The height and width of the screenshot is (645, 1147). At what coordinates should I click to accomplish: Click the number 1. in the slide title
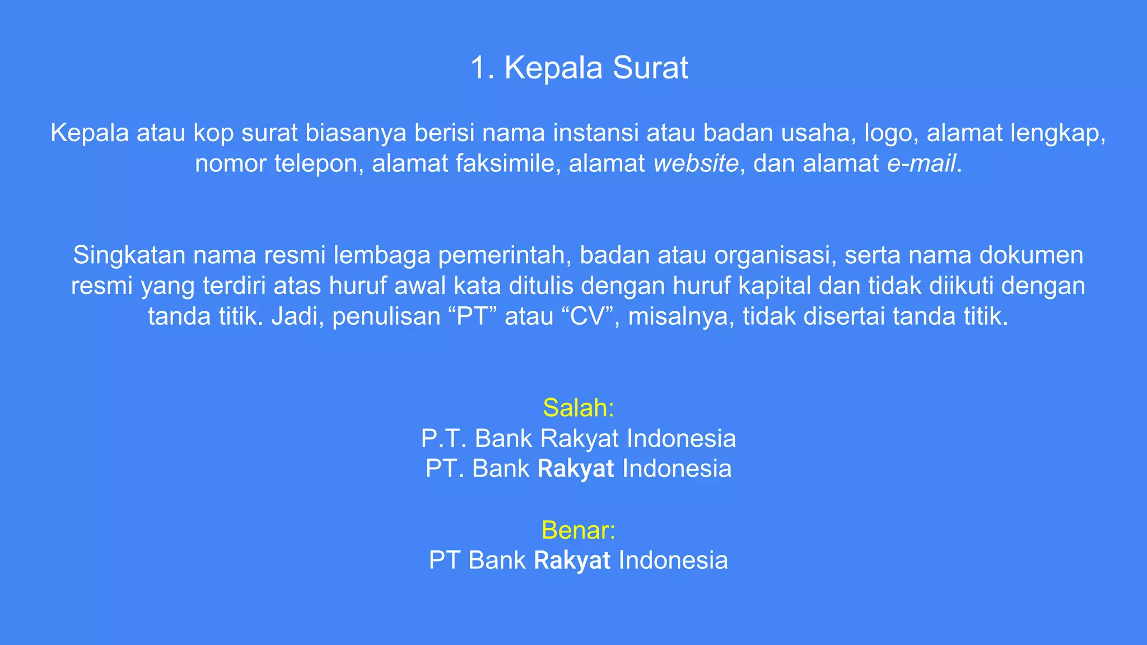[x=482, y=68]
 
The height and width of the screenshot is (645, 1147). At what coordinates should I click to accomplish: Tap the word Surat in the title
[x=650, y=68]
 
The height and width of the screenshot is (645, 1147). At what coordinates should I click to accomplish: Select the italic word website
[x=696, y=163]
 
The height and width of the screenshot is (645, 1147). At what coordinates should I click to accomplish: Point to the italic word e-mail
[x=921, y=163]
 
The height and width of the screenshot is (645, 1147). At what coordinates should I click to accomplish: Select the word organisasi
[x=775, y=255]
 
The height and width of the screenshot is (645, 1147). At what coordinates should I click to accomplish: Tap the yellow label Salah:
[x=579, y=408]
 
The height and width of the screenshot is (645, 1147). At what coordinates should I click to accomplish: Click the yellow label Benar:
[x=579, y=530]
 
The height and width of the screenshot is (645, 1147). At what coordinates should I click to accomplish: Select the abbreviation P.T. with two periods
[x=444, y=438]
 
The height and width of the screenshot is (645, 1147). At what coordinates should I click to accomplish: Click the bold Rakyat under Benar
[x=572, y=560]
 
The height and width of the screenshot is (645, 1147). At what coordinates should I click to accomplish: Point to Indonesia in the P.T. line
[x=681, y=438]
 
